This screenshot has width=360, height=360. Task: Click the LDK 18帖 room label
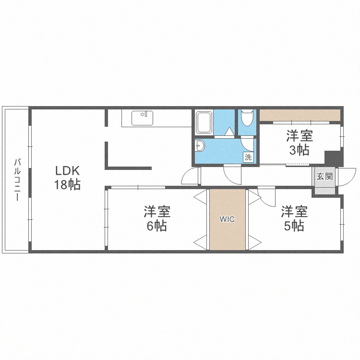click(x=67, y=178)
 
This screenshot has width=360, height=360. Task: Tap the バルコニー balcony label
click(x=17, y=180)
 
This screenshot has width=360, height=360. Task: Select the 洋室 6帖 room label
click(x=157, y=218)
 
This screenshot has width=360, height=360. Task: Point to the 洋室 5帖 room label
click(x=294, y=218)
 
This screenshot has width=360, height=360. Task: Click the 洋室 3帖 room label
click(x=300, y=143)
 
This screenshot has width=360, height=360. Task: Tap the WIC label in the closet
click(x=227, y=219)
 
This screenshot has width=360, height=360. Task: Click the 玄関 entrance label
click(x=324, y=176)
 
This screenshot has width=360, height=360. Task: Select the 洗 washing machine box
click(x=248, y=157)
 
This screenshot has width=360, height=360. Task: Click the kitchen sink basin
click(x=143, y=118)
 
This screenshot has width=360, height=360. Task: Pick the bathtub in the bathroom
click(x=204, y=122)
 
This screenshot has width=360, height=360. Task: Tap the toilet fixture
click(x=247, y=118)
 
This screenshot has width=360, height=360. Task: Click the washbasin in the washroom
click(x=200, y=145)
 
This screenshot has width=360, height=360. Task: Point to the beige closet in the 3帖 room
click(x=300, y=115)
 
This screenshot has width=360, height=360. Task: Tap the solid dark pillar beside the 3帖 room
click(x=334, y=158)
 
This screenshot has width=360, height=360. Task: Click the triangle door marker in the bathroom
click(x=229, y=132)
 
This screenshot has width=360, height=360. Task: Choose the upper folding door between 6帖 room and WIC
click(x=201, y=196)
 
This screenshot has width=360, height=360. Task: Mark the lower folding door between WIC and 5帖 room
click(x=254, y=242)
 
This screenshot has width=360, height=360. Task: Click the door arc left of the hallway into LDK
click(x=190, y=176)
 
